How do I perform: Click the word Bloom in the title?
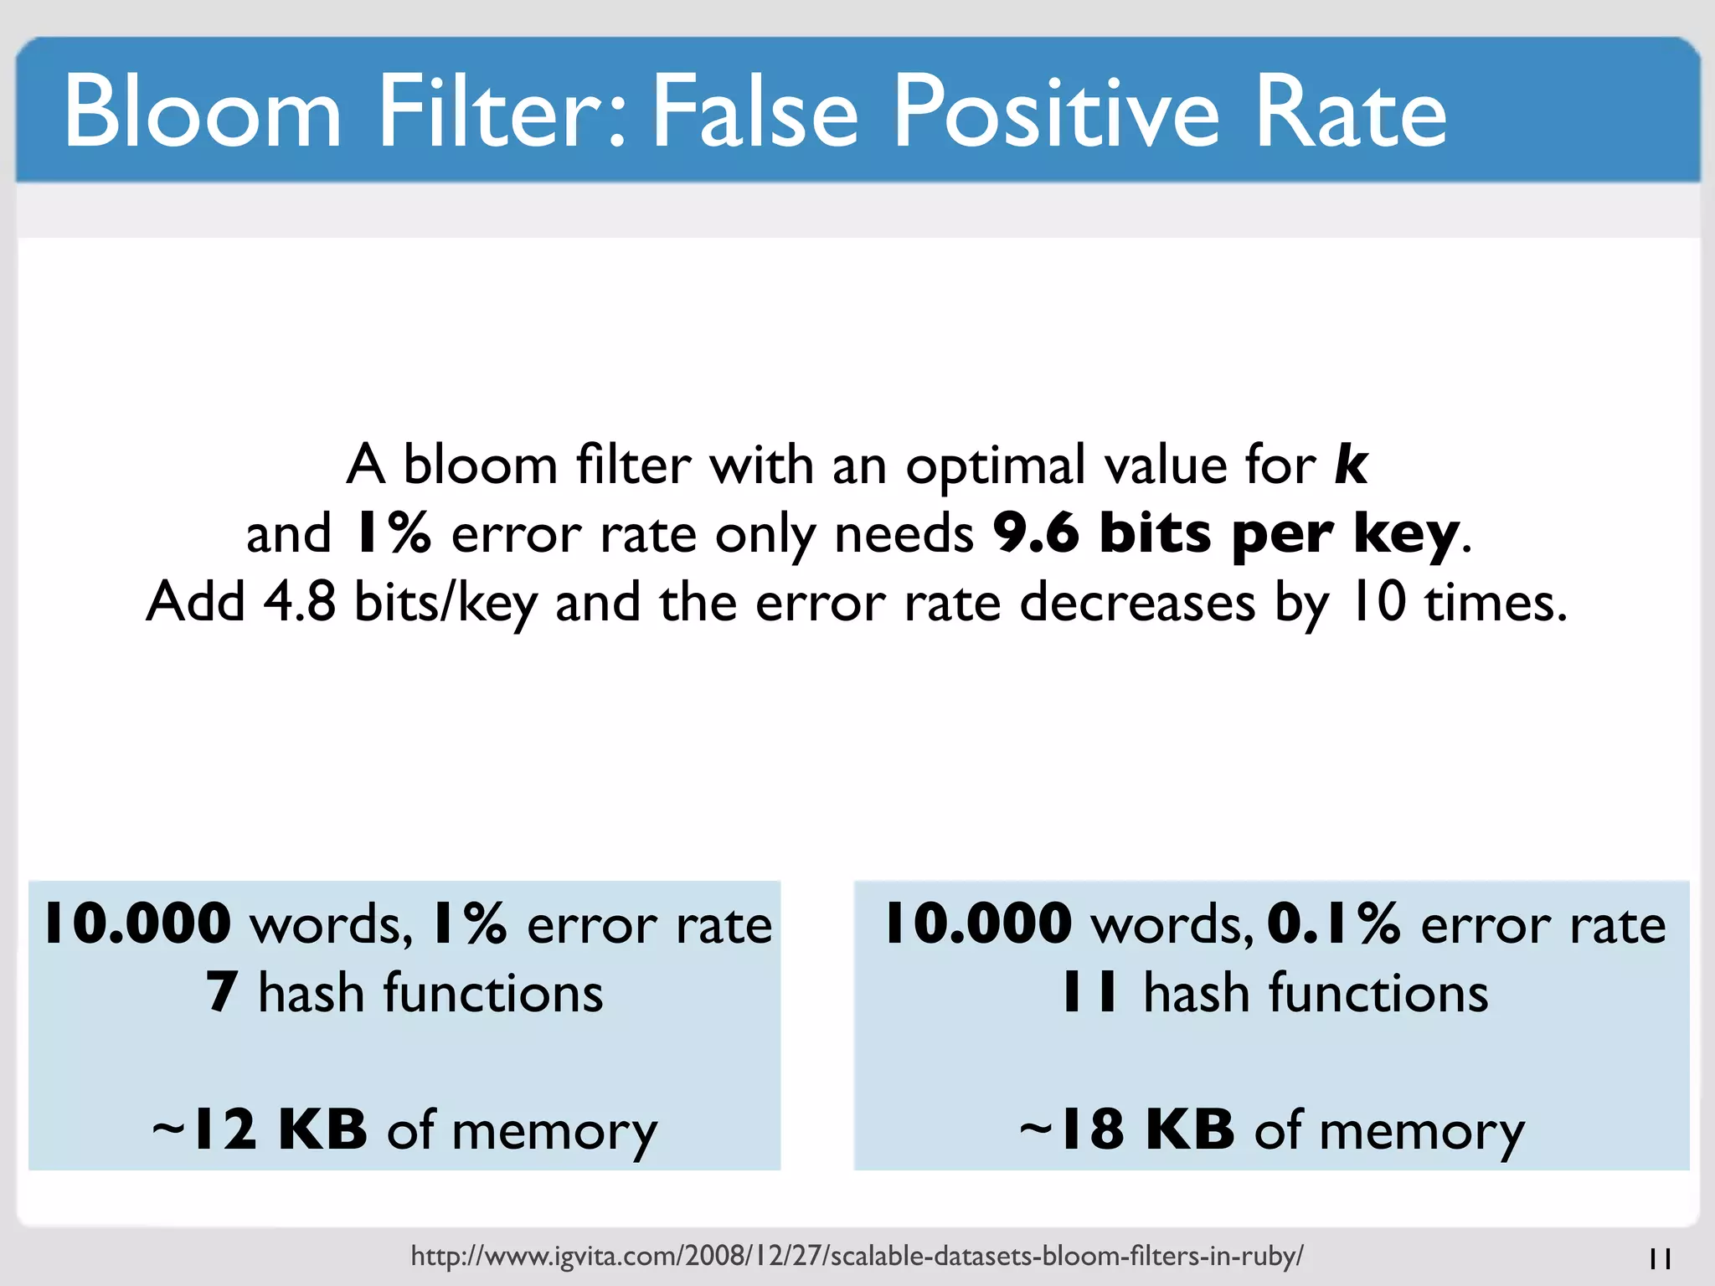[x=203, y=112]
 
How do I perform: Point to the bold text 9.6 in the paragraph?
[x=1036, y=532]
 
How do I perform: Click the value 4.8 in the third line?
[x=299, y=601]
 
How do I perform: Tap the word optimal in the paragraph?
[x=994, y=466]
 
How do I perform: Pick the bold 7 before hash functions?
[x=222, y=993]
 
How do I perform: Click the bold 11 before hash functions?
[x=1089, y=993]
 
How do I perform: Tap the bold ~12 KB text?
[x=260, y=1129]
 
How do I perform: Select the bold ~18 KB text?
[x=1127, y=1129]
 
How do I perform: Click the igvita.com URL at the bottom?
[x=857, y=1256]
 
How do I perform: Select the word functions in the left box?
[x=492, y=993]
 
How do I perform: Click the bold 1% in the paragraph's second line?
[x=392, y=532]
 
